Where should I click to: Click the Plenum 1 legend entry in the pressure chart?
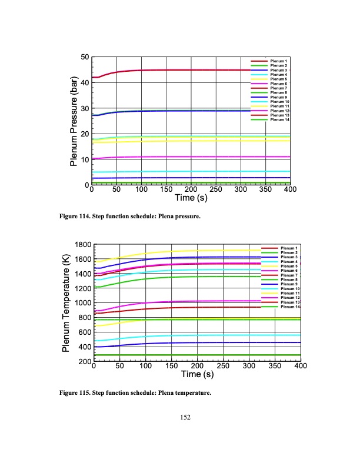pyautogui.click(x=278, y=61)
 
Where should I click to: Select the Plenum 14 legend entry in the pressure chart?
pyautogui.click(x=278, y=120)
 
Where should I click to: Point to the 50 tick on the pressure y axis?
pyautogui.click(x=85, y=57)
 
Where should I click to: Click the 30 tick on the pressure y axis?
pyautogui.click(x=85, y=109)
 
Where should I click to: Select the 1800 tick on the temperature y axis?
pyautogui.click(x=82, y=245)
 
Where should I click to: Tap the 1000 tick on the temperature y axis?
pyautogui.click(x=82, y=303)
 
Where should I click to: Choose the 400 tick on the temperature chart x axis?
pyautogui.click(x=300, y=367)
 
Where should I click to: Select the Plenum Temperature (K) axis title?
pyautogui.click(x=66, y=303)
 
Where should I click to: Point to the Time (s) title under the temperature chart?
pyautogui.click(x=197, y=375)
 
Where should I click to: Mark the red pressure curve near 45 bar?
pyautogui.click(x=176, y=70)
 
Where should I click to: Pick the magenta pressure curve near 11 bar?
pyautogui.click(x=176, y=157)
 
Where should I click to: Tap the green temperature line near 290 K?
pyautogui.click(x=176, y=355)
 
